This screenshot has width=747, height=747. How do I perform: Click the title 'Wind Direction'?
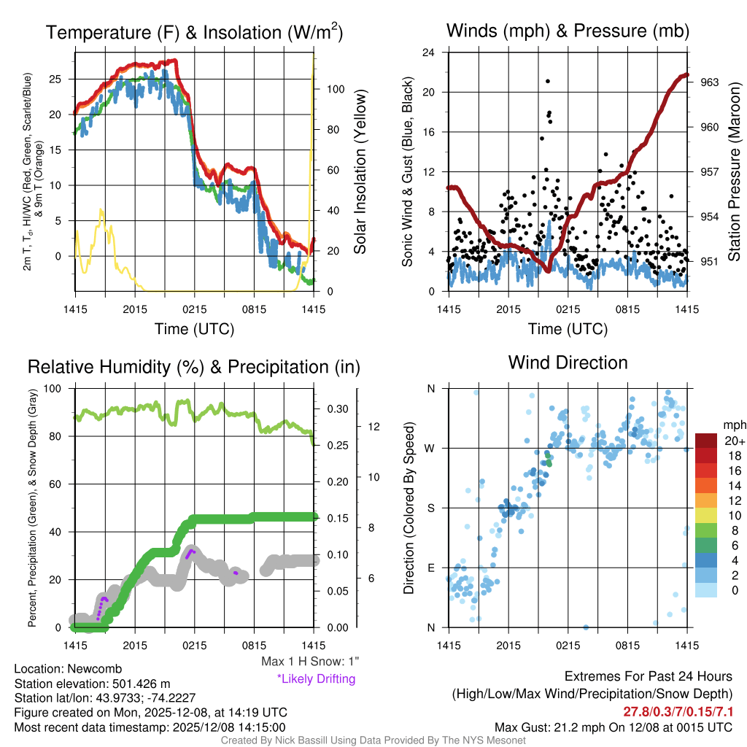click(x=568, y=363)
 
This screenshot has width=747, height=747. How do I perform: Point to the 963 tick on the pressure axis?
click(x=710, y=82)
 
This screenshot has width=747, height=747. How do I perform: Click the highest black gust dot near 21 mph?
click(x=547, y=81)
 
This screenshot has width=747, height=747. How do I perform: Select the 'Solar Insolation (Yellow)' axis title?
click(x=360, y=172)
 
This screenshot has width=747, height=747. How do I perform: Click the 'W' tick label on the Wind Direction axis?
click(x=431, y=448)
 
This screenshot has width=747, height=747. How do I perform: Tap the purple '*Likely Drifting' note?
click(x=316, y=678)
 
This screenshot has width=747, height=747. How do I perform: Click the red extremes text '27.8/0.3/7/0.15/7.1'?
click(x=678, y=711)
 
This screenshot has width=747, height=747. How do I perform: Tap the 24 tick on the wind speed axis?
click(x=429, y=53)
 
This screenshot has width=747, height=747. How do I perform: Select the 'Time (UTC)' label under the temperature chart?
click(x=195, y=329)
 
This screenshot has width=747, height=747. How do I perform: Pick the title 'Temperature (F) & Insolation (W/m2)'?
click(x=195, y=33)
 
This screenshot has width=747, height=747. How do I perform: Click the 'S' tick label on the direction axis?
click(x=431, y=508)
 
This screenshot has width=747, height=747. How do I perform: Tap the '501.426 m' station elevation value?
click(x=134, y=684)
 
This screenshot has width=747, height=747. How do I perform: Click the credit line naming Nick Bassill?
click(x=373, y=740)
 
